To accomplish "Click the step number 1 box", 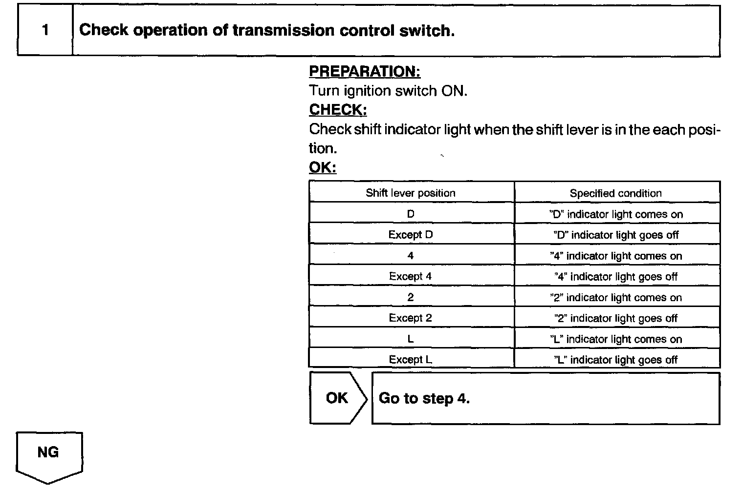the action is pyautogui.click(x=45, y=30).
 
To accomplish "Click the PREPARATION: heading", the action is pyautogui.click(x=364, y=72).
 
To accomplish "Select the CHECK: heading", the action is pyautogui.click(x=338, y=110).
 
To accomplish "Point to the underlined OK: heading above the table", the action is pyautogui.click(x=323, y=168).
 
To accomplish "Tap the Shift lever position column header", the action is pyautogui.click(x=411, y=193).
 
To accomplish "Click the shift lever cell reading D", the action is pyautogui.click(x=411, y=214).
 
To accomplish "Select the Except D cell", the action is pyautogui.click(x=411, y=235).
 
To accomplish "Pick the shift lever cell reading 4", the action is pyautogui.click(x=411, y=256).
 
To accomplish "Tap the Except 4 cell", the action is pyautogui.click(x=411, y=276).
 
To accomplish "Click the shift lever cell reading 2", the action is pyautogui.click(x=411, y=297).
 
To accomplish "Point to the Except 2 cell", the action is pyautogui.click(x=411, y=318).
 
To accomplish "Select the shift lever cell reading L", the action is pyautogui.click(x=411, y=339).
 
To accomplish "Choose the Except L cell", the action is pyautogui.click(x=411, y=360).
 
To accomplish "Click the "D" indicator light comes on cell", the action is pyautogui.click(x=616, y=214).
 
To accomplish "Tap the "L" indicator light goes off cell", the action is pyautogui.click(x=616, y=360).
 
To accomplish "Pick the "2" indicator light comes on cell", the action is pyautogui.click(x=616, y=298).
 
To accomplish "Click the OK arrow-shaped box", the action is pyautogui.click(x=337, y=398).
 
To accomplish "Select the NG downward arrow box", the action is pyautogui.click(x=48, y=455).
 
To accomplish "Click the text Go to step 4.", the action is pyautogui.click(x=424, y=398).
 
